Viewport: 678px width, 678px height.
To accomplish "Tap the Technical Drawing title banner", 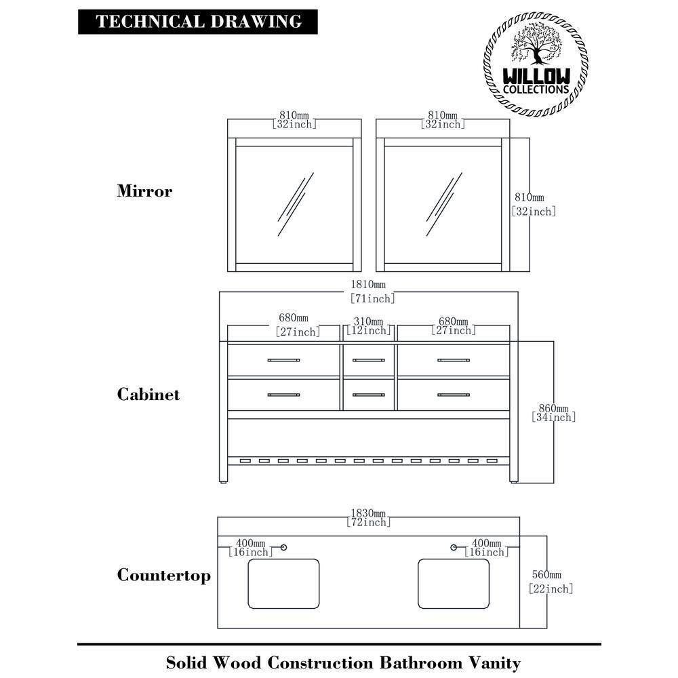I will coord(198,22).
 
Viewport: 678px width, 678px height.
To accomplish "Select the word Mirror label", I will coord(144,191).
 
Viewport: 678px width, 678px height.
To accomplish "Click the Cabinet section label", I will coord(148,395).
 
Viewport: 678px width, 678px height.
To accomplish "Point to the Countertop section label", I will coord(163,576).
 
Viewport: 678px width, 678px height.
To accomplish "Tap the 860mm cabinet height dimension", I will coord(554,409).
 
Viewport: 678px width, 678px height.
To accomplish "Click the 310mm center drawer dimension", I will coord(368,321).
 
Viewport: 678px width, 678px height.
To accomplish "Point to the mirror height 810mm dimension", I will coord(529,198).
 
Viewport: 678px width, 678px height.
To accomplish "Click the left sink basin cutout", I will coord(283,583).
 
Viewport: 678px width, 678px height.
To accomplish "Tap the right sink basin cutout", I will coord(454,583).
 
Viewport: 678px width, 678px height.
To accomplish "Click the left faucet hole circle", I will coord(284,547).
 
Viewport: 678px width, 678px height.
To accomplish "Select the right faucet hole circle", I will coord(454,547).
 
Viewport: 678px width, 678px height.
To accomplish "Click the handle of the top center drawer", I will coord(368,360).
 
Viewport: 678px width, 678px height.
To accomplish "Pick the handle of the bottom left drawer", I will coord(283,394).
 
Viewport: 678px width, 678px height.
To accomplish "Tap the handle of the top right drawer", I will coord(453,360).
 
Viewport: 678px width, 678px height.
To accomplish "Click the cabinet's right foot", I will coord(513,480).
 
